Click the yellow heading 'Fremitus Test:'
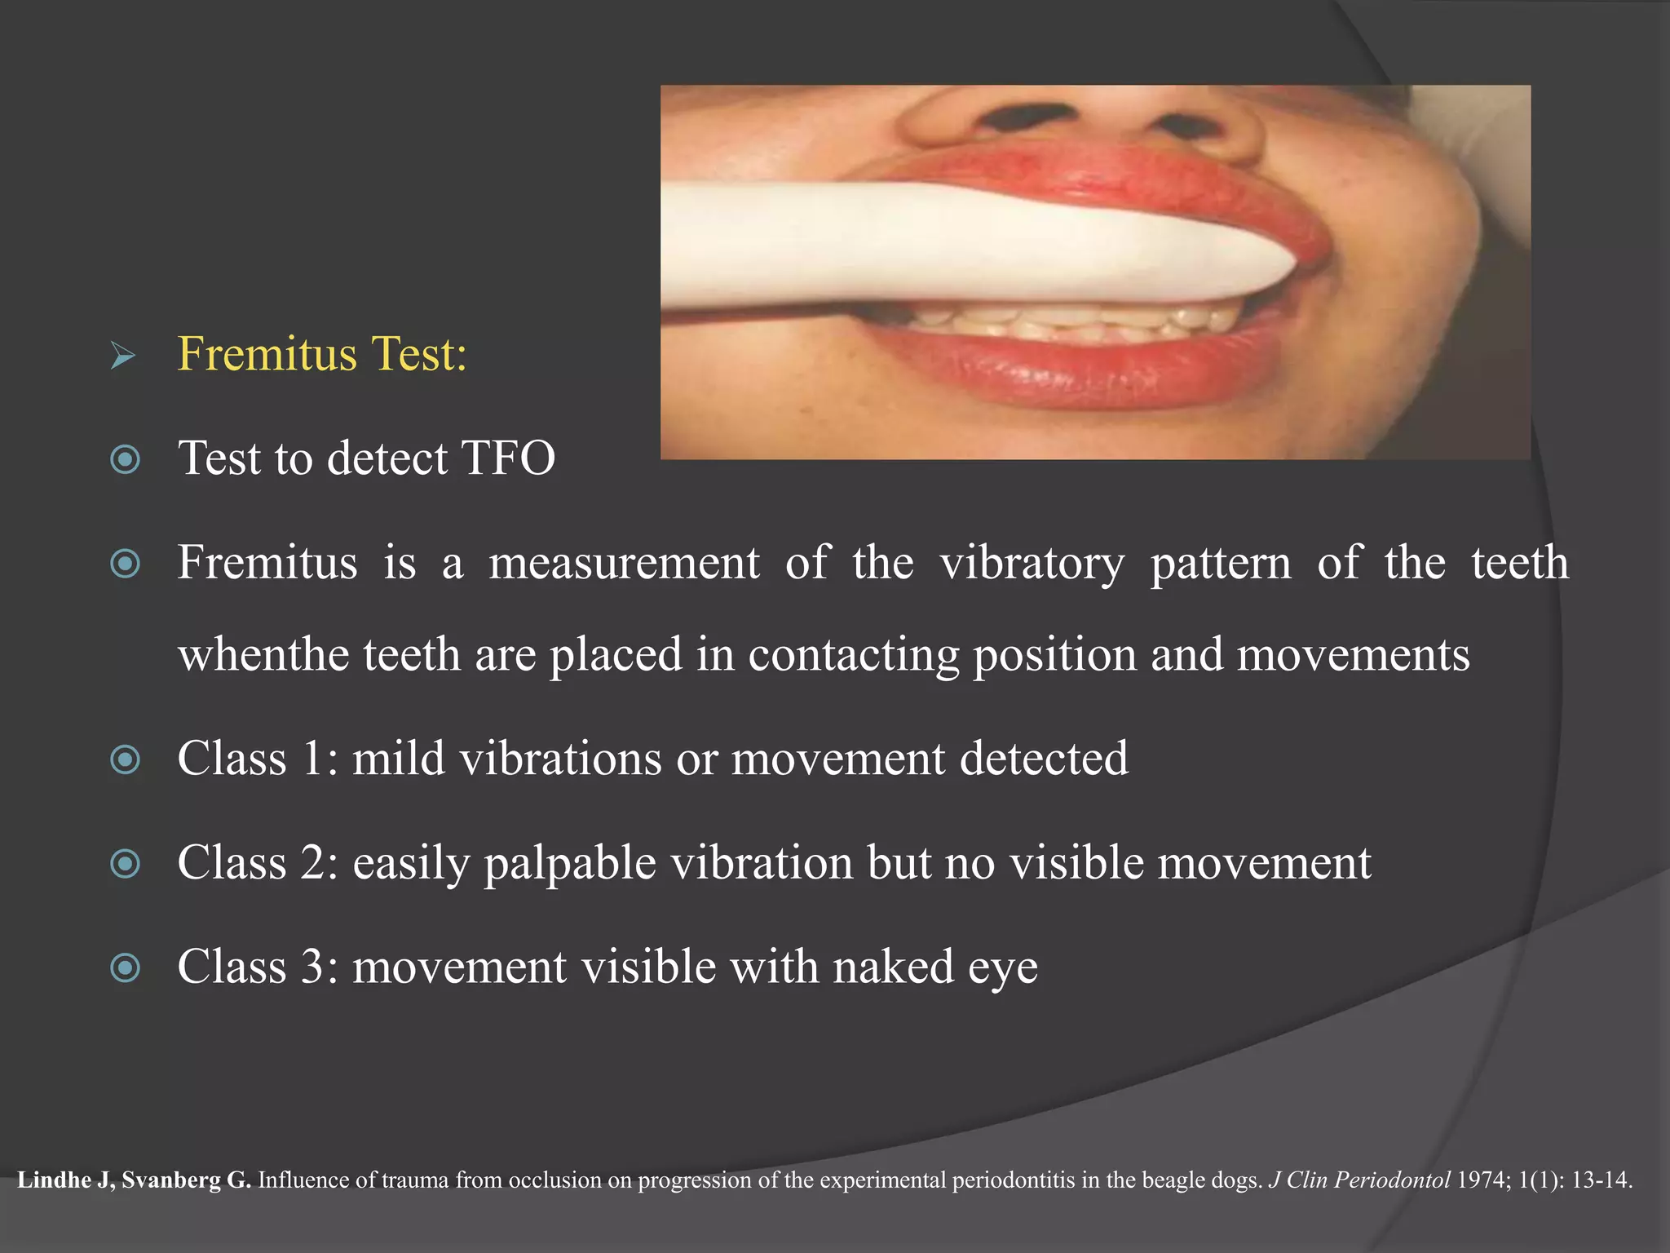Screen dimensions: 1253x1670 322,354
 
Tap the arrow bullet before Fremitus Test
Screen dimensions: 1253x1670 123,356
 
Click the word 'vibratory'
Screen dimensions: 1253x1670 1032,563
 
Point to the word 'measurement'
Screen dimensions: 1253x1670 624,563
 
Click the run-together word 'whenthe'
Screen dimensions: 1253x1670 263,654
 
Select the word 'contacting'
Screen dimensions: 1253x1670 853,654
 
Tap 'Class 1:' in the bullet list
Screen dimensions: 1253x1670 258,759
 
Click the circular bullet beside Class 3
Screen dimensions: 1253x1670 125,967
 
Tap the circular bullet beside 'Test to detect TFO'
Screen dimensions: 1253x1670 125,459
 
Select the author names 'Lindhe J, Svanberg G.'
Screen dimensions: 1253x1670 134,1180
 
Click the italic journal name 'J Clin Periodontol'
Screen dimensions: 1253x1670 1359,1180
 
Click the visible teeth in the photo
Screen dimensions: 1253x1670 1076,322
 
